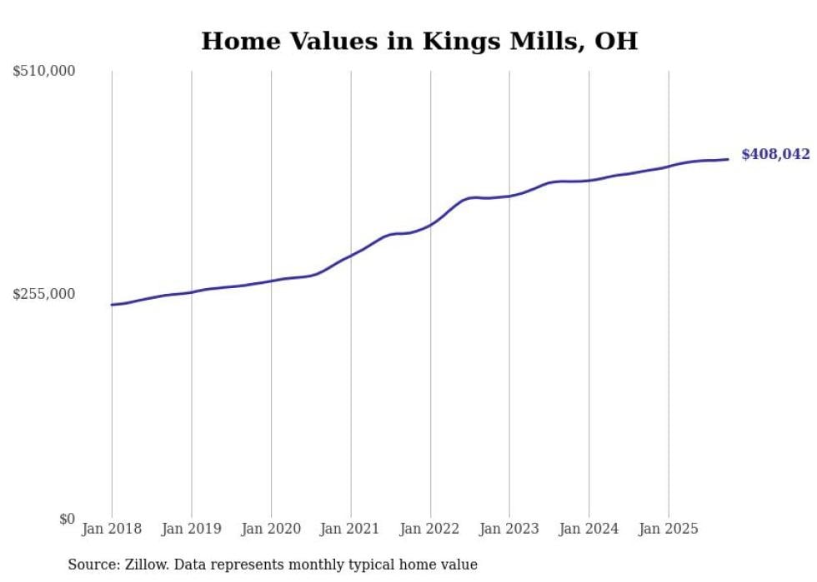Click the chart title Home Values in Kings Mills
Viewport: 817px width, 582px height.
pos(419,42)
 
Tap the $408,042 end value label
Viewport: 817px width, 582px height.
pos(775,155)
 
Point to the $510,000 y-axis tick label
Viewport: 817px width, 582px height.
pos(44,72)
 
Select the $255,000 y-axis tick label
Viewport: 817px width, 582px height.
pos(44,294)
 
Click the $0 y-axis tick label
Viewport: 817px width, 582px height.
pos(67,519)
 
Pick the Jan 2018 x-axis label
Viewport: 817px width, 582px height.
pos(112,529)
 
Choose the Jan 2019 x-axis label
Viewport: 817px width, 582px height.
pos(192,529)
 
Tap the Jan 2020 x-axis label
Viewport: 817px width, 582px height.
pos(271,529)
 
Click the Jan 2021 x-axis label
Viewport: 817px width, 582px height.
pos(350,529)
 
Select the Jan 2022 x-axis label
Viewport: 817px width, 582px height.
pos(430,529)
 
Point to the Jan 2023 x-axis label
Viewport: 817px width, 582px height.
pos(509,529)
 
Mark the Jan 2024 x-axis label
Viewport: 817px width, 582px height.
pos(589,529)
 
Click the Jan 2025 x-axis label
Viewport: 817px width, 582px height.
pos(668,529)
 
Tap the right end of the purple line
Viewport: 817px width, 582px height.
pos(728,159)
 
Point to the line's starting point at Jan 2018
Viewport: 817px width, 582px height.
pos(112,305)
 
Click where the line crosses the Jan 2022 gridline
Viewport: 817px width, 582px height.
pos(430,224)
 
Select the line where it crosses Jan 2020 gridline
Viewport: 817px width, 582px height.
pos(271,281)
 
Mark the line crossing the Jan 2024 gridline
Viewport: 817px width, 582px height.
pos(589,180)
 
